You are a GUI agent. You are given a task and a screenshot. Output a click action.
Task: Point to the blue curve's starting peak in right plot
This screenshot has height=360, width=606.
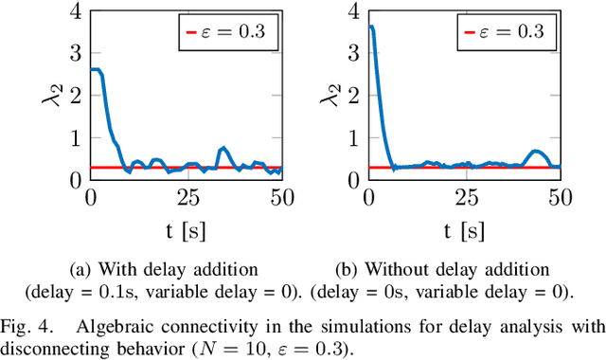[370, 27]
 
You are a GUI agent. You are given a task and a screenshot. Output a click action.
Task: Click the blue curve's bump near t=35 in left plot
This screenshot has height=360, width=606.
[223, 148]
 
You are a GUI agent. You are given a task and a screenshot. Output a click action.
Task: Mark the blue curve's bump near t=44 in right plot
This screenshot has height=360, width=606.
[537, 151]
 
